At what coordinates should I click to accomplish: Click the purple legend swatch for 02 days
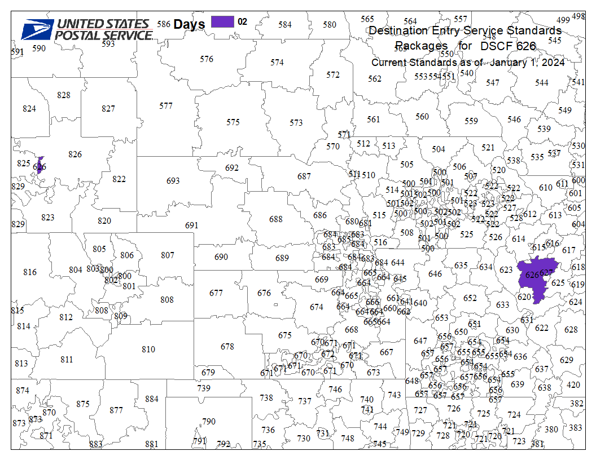click(222, 22)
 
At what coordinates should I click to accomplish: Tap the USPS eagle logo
click(37, 29)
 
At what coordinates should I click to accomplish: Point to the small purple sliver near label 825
click(40, 165)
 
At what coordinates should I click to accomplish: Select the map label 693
click(173, 180)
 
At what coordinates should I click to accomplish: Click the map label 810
click(148, 350)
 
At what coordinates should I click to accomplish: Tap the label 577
click(165, 106)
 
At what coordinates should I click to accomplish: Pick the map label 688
click(275, 219)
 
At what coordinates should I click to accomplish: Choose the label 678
click(227, 347)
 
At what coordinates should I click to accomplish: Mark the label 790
click(209, 422)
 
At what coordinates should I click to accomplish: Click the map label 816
click(30, 272)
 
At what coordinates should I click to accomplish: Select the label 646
click(435, 274)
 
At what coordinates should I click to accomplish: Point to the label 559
click(471, 121)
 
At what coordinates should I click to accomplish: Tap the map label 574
click(277, 63)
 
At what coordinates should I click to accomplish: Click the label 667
click(386, 352)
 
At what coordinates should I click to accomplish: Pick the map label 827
click(108, 109)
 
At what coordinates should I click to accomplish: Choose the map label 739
click(204, 388)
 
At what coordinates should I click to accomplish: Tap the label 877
click(116, 410)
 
